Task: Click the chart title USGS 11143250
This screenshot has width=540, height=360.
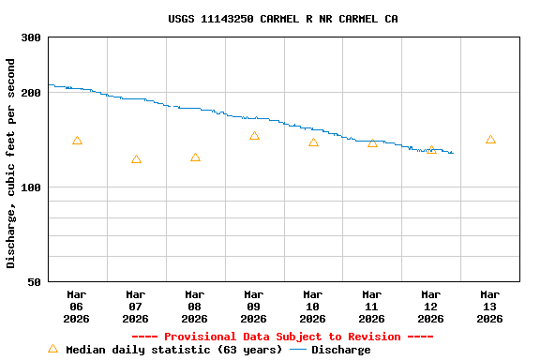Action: [x=282, y=19]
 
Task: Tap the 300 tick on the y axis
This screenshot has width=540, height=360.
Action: [x=31, y=37]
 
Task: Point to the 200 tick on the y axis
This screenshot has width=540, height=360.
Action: [x=31, y=93]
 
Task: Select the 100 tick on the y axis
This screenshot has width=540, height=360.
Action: [x=31, y=187]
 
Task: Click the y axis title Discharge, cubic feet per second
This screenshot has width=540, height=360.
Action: [x=11, y=163]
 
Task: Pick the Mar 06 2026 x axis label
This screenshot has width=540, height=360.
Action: [x=77, y=306]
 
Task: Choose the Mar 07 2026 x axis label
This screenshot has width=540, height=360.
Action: [x=136, y=306]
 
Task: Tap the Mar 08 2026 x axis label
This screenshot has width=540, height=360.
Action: [x=195, y=306]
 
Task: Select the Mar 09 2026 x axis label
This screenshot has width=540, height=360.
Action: [x=254, y=306]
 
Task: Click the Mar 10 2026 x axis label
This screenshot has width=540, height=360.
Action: [x=313, y=306]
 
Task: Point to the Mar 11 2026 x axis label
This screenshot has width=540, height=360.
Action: [x=372, y=306]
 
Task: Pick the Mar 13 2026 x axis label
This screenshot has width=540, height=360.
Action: [x=490, y=306]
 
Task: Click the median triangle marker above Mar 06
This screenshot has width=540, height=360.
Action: [x=77, y=141]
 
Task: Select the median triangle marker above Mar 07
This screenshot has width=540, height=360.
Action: [x=136, y=159]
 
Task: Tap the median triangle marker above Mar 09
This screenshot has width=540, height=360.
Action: [x=254, y=136]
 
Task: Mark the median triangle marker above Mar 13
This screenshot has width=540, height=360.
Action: [x=490, y=140]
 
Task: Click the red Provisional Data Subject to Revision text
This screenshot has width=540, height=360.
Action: [x=282, y=337]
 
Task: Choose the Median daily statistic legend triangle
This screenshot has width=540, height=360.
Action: [x=52, y=349]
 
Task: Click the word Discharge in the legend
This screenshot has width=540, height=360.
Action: [x=340, y=350]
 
